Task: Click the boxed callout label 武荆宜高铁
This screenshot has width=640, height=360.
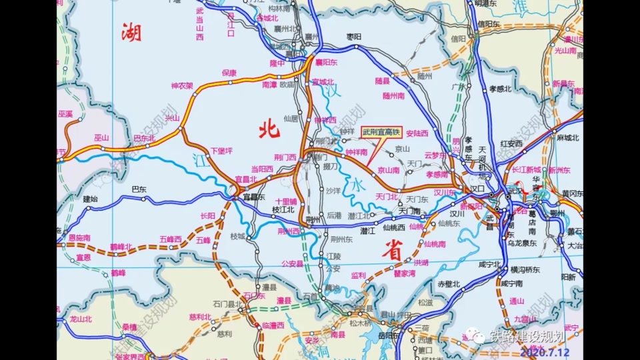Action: point(382,133)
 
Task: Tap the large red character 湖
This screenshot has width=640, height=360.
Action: point(131,31)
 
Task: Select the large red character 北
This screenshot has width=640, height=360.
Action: point(268,129)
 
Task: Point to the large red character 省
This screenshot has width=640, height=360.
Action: point(391,251)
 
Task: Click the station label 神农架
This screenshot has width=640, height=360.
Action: point(181,86)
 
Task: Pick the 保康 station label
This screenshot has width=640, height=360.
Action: point(229,73)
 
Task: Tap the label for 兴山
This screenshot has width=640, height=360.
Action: point(172,118)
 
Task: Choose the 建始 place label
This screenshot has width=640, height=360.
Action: point(90,199)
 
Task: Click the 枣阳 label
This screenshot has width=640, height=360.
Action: point(353,37)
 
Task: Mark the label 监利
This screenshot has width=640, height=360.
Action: point(358,275)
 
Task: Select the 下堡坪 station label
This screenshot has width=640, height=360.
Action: point(221,151)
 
